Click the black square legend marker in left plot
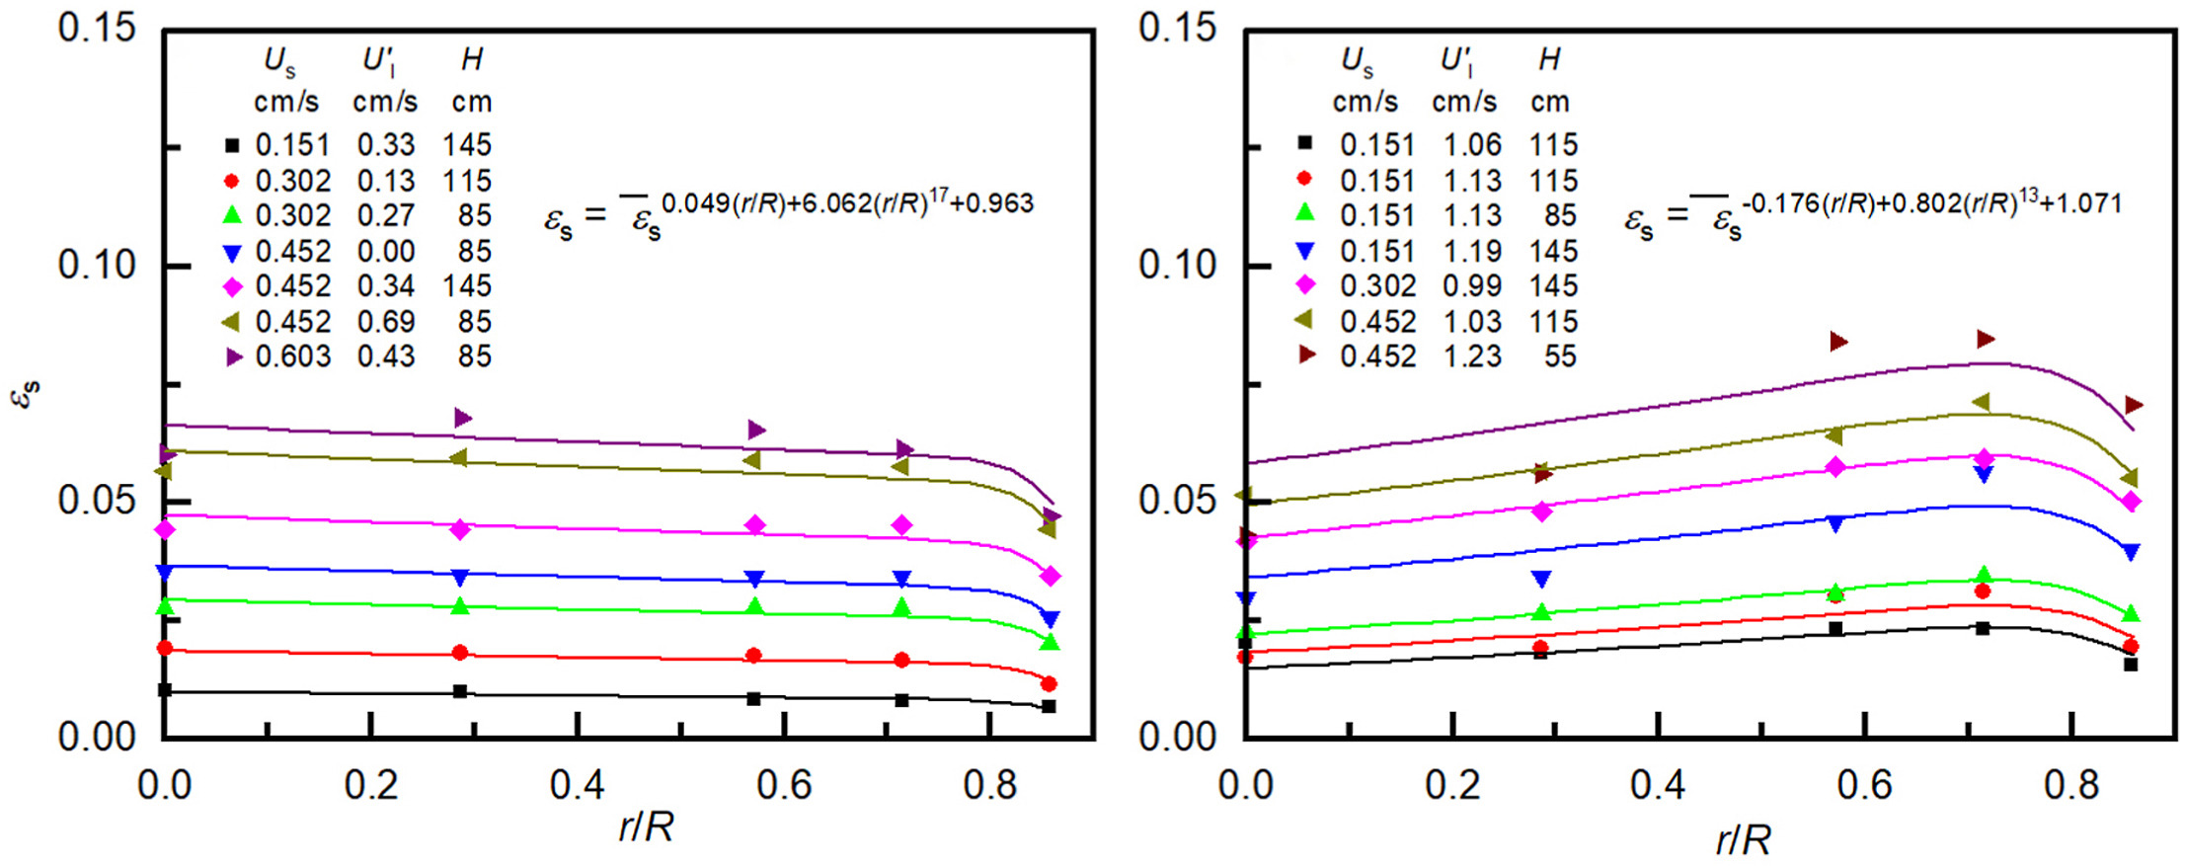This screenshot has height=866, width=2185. tap(232, 145)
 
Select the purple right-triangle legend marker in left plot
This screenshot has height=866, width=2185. tap(233, 356)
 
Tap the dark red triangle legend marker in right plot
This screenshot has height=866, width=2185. tap(1306, 354)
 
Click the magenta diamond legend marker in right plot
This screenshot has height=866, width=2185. tap(1305, 285)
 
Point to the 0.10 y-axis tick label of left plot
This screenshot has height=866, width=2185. tap(96, 265)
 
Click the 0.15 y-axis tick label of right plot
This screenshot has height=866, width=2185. tap(1176, 28)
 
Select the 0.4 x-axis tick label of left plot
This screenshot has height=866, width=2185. tap(577, 785)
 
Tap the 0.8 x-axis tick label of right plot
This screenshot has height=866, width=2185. tap(2071, 785)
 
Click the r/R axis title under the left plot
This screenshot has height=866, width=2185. tap(647, 827)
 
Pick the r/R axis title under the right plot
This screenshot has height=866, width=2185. tap(1743, 840)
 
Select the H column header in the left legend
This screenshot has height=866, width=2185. tap(472, 60)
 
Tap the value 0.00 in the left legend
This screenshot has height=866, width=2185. tap(386, 251)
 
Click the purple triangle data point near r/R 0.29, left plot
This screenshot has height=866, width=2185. tap(462, 418)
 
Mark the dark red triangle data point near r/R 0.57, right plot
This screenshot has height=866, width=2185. tap(1836, 342)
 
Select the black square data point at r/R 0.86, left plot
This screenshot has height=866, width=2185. tap(1049, 706)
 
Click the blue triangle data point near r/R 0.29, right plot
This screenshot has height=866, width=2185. tap(1540, 580)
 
